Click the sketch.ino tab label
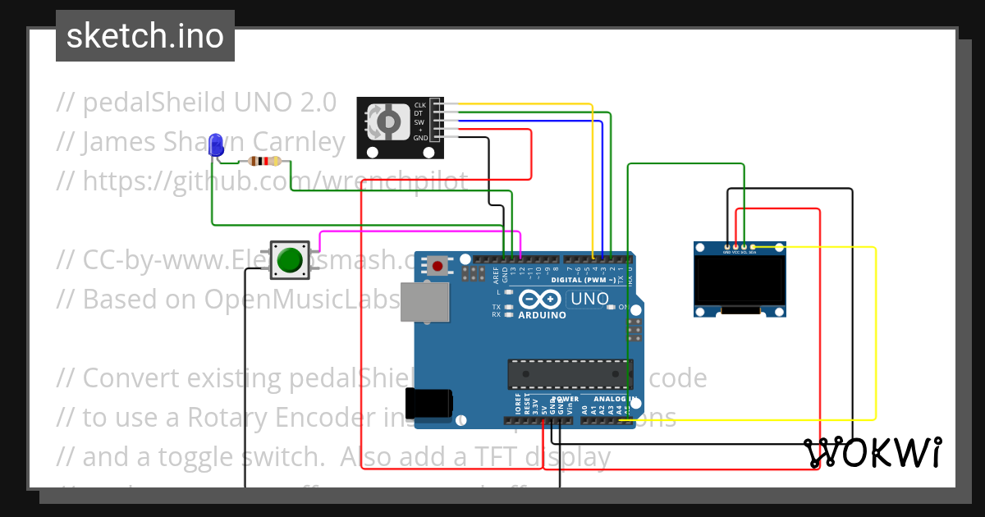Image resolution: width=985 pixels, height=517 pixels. pyautogui.click(x=144, y=36)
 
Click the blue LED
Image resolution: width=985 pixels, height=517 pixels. pyautogui.click(x=217, y=144)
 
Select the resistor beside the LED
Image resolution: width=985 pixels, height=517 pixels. pyautogui.click(x=263, y=162)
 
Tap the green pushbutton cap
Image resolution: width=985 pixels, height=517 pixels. pyautogui.click(x=290, y=260)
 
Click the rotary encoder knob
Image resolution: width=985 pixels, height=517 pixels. pyautogui.click(x=387, y=123)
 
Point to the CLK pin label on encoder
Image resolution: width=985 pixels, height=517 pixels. pyautogui.click(x=419, y=105)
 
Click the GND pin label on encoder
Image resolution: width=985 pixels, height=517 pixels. pyautogui.click(x=419, y=139)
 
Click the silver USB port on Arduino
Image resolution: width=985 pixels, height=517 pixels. pyautogui.click(x=424, y=304)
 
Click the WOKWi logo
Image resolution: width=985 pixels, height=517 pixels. pyautogui.click(x=872, y=452)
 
